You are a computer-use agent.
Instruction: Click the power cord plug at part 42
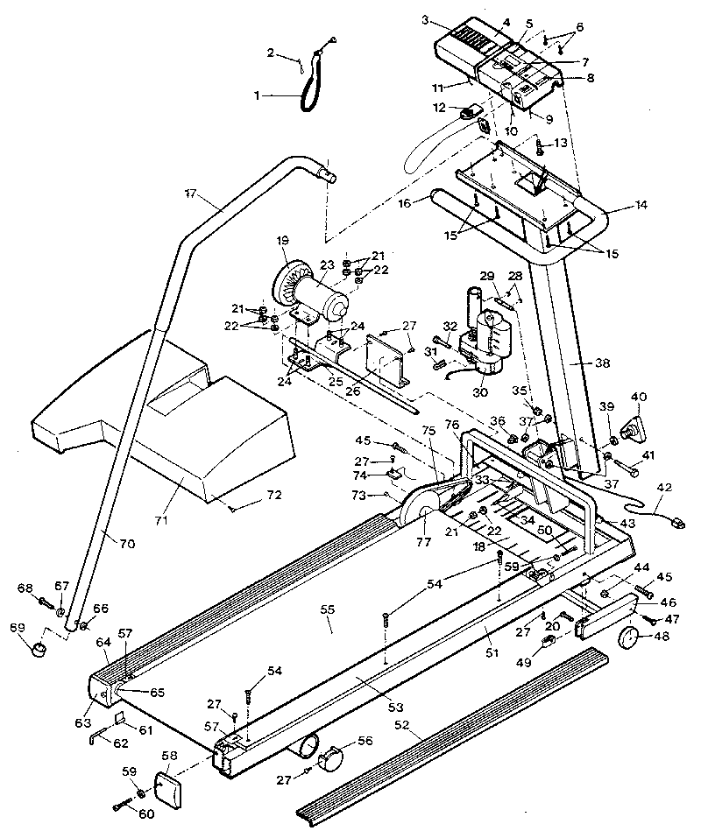675,523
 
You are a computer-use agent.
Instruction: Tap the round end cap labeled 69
39,649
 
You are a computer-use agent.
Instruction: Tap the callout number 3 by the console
424,18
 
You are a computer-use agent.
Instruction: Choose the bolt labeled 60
122,806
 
